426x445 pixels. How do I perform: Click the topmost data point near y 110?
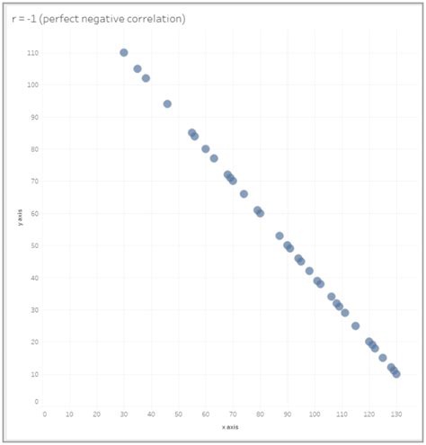[124, 53]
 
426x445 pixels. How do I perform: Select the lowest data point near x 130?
[396, 373]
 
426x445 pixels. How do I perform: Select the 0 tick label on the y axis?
[35, 402]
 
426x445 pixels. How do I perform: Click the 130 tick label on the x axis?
[395, 414]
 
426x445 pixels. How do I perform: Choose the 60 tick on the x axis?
[206, 414]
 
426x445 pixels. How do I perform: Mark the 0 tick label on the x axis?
[44, 414]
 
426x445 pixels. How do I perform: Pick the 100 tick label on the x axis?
[314, 414]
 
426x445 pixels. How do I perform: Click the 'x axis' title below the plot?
[230, 427]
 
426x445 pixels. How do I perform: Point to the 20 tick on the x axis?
[96, 414]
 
